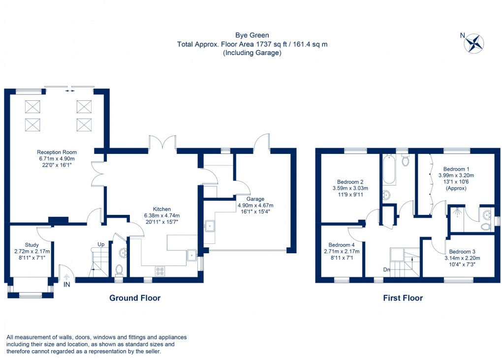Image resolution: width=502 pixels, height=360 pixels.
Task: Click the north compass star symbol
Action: click(x=474, y=43)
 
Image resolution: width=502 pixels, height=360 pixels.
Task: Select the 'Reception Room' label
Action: click(x=57, y=152)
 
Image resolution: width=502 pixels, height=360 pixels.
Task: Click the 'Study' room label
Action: click(x=31, y=244)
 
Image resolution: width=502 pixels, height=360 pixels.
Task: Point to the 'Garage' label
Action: click(x=256, y=199)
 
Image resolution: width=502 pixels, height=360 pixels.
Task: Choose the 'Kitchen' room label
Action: click(x=161, y=209)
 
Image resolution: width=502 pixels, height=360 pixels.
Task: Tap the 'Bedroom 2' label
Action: click(x=350, y=181)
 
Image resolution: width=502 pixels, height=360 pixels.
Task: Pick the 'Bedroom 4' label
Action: click(x=341, y=245)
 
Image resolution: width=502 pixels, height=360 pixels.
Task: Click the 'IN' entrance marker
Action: click(x=66, y=284)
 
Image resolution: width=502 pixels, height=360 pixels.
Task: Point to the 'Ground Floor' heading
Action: click(x=134, y=298)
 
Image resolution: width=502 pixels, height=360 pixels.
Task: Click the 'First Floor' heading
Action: click(x=403, y=298)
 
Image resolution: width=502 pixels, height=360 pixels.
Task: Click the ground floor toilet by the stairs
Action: click(x=118, y=270)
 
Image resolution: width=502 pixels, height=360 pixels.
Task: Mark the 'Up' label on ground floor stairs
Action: click(x=101, y=244)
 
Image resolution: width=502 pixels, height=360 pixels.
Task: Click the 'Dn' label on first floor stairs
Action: click(x=387, y=269)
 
